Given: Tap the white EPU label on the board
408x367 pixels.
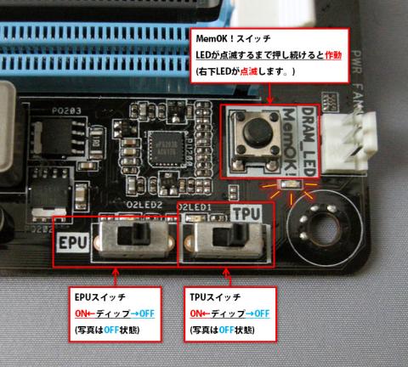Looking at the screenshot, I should (73, 241).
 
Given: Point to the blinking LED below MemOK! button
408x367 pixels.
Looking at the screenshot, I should (292, 183).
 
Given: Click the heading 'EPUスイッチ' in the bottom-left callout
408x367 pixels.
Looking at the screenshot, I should (97, 299).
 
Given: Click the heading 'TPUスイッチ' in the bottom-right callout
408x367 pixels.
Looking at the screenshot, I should (216, 299).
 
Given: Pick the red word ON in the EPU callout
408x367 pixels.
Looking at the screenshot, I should (79, 314).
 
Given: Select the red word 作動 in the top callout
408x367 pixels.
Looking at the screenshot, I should (334, 56).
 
